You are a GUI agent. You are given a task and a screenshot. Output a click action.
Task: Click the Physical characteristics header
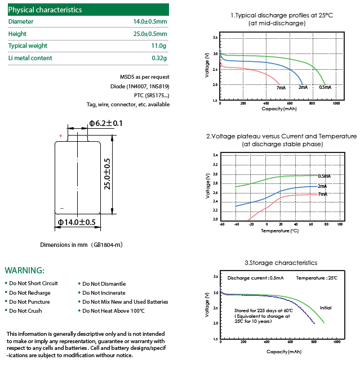[45, 10]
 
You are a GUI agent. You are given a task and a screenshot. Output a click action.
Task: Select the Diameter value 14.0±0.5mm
[149, 21]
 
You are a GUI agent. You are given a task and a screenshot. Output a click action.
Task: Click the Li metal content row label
[30, 58]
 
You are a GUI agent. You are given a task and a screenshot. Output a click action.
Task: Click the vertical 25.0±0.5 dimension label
[108, 175]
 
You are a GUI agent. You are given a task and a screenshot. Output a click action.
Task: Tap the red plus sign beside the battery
[60, 135]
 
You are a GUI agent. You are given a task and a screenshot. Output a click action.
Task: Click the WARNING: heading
[24, 271]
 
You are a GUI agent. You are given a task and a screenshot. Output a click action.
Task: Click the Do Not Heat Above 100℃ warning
[113, 310]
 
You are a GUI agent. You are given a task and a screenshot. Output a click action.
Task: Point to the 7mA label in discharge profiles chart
[281, 88]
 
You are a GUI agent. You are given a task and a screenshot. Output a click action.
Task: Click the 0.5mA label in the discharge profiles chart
[325, 87]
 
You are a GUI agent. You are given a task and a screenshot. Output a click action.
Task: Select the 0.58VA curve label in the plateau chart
[325, 176]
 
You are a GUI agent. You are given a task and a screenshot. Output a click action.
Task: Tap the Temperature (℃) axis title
[279, 231]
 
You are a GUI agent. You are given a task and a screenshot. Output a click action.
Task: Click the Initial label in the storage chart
[325, 307]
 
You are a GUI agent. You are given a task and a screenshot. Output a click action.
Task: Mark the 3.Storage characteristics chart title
[281, 263]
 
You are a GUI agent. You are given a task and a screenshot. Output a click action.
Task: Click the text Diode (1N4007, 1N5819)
[140, 86]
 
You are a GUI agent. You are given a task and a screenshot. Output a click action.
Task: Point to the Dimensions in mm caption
[81, 245]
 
